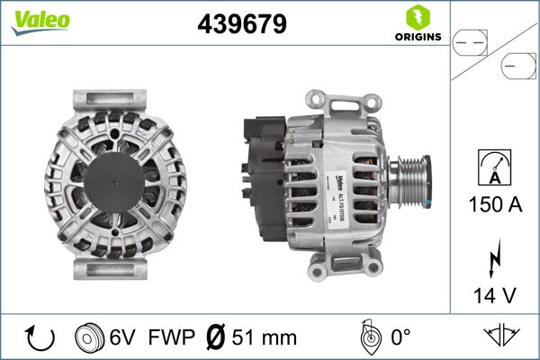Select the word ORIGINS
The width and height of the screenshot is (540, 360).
coord(417,39)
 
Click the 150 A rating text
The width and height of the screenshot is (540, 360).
coord(495,203)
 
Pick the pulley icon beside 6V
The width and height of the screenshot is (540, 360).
coord(90,337)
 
